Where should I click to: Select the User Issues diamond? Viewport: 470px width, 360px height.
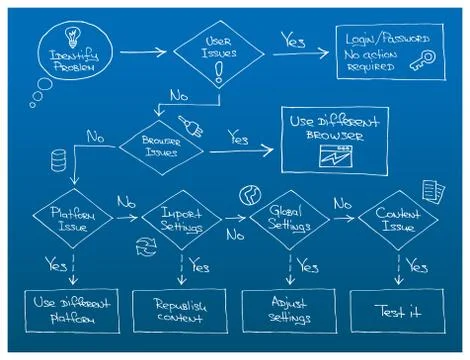[x=219, y=49]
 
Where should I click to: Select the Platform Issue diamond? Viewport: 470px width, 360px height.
[x=70, y=219]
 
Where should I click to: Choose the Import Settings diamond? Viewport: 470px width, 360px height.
[x=181, y=220]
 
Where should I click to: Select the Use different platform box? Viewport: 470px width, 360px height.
[x=72, y=310]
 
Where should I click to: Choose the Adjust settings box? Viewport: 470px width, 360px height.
[x=289, y=310]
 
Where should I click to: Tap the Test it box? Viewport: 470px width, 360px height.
[x=399, y=310]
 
